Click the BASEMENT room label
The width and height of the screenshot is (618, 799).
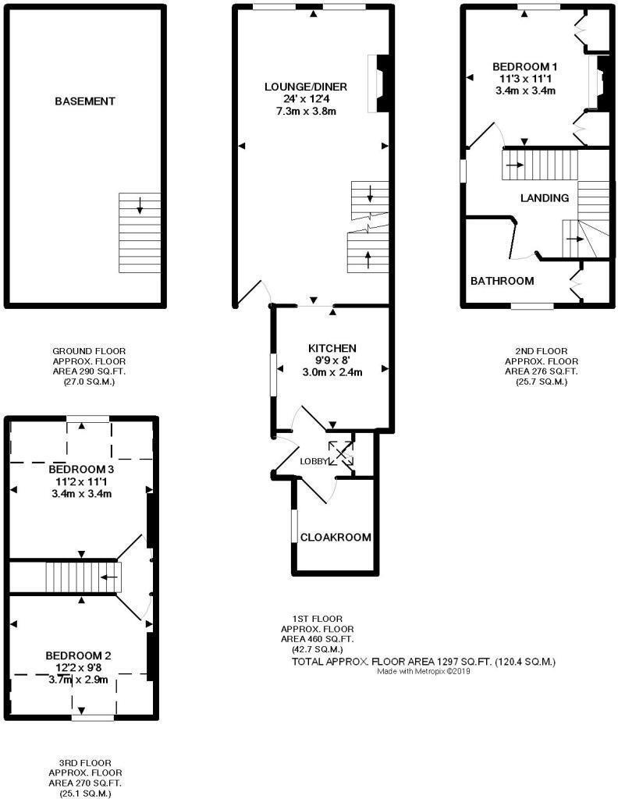tap(85, 101)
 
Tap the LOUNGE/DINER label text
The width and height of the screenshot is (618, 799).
tap(305, 87)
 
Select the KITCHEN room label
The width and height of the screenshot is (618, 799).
tap(332, 348)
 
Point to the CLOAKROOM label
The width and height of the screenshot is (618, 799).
tap(336, 538)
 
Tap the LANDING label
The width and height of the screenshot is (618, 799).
tap(544, 198)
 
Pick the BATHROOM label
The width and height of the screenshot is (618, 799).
tap(502, 281)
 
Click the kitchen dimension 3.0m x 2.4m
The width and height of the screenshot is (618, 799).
tap(332, 372)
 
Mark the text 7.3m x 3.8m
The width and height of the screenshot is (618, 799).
tap(305, 111)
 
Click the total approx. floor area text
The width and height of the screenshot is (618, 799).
tap(423, 662)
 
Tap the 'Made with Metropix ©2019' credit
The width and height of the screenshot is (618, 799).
tap(424, 671)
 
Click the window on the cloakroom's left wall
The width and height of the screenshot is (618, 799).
tap(293, 527)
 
